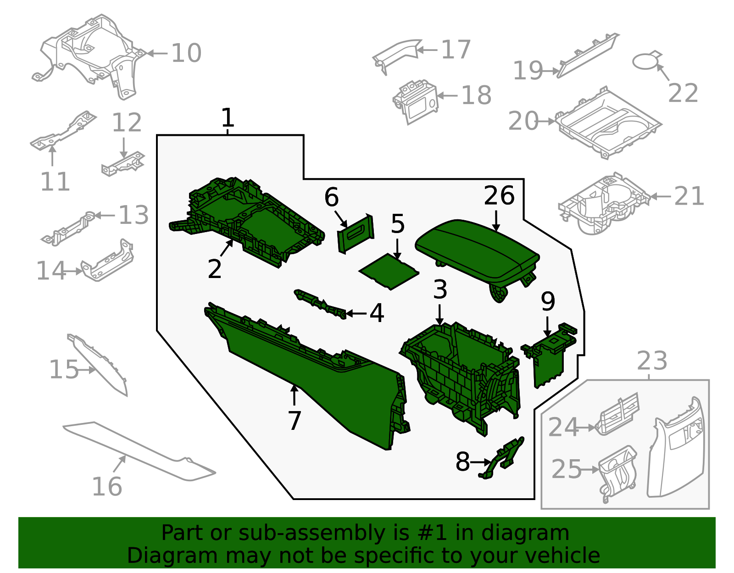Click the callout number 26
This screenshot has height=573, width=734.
[499, 196]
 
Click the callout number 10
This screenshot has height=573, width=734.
[186, 53]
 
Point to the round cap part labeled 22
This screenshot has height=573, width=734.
[646, 61]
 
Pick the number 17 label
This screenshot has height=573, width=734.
[456, 50]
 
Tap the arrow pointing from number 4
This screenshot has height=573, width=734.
[356, 313]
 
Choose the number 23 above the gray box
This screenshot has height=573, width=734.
[652, 361]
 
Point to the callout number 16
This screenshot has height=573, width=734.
[107, 486]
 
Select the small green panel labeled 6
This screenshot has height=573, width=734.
[356, 234]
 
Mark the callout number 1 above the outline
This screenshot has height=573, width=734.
[228, 118]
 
